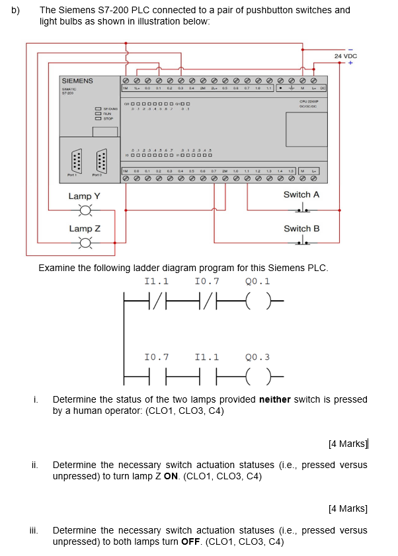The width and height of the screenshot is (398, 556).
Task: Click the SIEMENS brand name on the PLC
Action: [77, 81]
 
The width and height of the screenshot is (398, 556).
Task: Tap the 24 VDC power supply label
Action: [345, 57]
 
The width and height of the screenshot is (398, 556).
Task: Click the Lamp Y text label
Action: [84, 196]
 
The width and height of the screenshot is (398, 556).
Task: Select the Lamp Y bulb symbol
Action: [84, 211]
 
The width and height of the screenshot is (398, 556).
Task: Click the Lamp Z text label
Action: [84, 229]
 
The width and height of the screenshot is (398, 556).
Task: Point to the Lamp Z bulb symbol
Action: [84, 243]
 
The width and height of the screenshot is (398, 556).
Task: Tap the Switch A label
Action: [301, 194]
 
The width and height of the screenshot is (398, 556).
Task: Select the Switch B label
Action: [301, 229]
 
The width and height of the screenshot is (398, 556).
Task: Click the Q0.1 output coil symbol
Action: [257, 303]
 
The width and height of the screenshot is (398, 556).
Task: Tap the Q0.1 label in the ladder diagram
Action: [257, 280]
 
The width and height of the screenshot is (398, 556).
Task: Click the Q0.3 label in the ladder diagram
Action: [257, 357]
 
